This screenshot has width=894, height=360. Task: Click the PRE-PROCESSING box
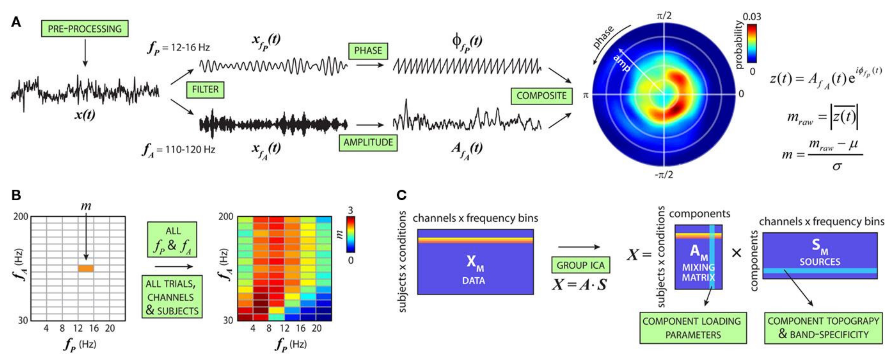coord(85,29)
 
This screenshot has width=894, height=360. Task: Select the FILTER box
coord(205,90)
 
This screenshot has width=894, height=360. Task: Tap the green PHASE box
coord(368,51)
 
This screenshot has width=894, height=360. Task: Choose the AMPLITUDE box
coord(368,142)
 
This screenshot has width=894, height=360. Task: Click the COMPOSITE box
coord(541,95)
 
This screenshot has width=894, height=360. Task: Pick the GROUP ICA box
coord(580,265)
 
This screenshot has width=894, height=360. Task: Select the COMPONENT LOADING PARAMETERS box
coord(693,328)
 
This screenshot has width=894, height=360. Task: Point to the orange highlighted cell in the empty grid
coord(86,268)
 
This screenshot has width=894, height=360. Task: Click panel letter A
coord(16,22)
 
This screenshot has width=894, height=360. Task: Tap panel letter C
coord(401,195)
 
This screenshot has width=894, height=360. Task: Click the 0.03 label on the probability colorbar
coord(752,17)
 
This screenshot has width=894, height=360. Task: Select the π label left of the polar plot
coord(586,95)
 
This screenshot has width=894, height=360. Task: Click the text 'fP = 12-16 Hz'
coord(179,48)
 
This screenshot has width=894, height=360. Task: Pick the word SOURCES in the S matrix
coord(820,261)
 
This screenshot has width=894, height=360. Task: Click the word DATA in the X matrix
coord(473,280)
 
